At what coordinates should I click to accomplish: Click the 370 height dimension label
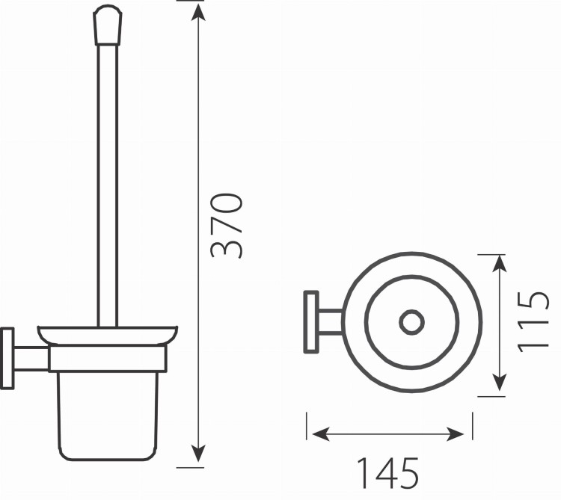(x=226, y=225)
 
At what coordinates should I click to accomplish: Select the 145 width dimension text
(x=387, y=473)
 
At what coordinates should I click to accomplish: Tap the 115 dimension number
(x=533, y=321)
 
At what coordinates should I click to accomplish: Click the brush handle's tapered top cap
(x=108, y=25)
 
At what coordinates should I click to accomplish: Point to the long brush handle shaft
(x=108, y=186)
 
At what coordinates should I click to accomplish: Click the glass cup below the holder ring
(x=108, y=416)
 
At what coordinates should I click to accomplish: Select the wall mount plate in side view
(x=7, y=358)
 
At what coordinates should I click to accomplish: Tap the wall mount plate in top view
(x=311, y=322)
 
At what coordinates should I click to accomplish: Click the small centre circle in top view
(x=412, y=322)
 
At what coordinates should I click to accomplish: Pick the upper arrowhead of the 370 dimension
(x=198, y=13)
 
